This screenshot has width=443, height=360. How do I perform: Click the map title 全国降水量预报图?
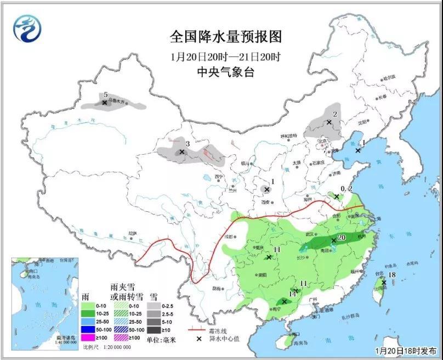(225, 37)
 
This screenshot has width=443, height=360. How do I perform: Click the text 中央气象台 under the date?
(225, 72)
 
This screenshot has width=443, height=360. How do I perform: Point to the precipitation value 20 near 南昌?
(340, 237)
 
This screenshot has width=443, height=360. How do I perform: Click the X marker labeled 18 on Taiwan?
(384, 283)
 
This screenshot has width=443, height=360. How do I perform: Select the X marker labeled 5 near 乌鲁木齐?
(104, 102)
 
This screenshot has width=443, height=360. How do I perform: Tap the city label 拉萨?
(132, 233)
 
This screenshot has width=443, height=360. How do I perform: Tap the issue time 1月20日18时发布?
(405, 350)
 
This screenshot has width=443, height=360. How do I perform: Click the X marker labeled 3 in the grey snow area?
(181, 152)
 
